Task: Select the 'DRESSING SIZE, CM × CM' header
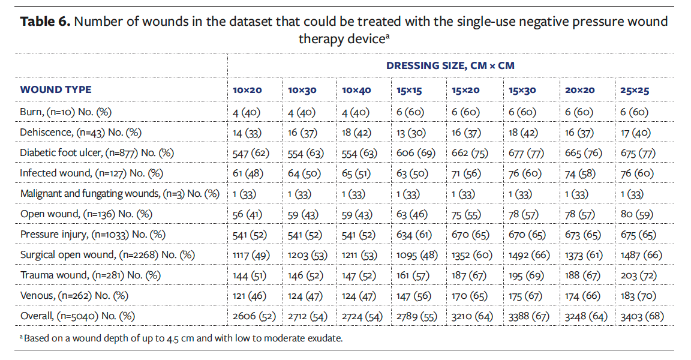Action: (x=450, y=65)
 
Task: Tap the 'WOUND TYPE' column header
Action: (x=56, y=90)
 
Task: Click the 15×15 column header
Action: (x=409, y=91)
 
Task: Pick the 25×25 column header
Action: (x=635, y=91)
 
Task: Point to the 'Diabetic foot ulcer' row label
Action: (x=97, y=153)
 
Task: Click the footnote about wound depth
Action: (x=181, y=338)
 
